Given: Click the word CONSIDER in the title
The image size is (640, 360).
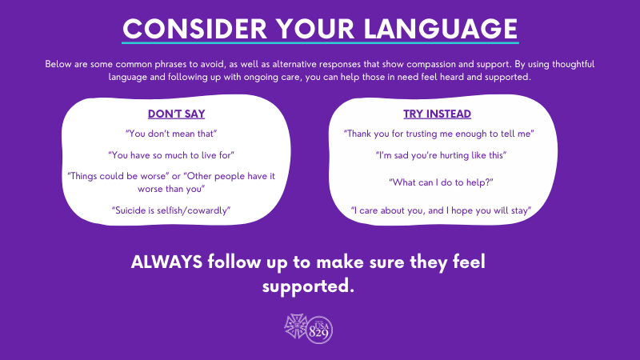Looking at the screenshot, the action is coord(194,29).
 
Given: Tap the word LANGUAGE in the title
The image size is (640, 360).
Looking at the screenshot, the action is coord(441,29).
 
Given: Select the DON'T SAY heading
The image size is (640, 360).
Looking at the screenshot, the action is coord(176,114).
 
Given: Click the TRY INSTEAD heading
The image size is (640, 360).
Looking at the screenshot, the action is coord(437,114).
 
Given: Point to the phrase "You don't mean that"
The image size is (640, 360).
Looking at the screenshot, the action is coord(171,134).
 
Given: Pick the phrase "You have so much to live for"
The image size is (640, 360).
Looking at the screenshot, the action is coord(171,155).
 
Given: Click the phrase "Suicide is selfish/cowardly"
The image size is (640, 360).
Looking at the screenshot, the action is coord(171,210).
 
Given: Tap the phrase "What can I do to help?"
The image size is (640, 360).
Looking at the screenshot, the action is coord(441,182).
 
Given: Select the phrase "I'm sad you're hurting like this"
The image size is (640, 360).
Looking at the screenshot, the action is coord(441,155).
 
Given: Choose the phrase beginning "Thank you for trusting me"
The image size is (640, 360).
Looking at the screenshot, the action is coord(438,134).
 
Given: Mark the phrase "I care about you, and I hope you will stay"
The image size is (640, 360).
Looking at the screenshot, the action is coord(441,210).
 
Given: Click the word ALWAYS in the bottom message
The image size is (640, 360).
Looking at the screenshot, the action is coord(166,262).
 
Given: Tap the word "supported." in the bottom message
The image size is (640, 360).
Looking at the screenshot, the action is coord(308,286).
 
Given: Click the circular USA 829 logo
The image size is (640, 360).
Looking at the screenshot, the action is coord(319,330).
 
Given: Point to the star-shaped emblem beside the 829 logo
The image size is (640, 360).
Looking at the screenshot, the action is coord(296,326).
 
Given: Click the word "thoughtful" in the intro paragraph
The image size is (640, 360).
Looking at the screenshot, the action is coord(573,64).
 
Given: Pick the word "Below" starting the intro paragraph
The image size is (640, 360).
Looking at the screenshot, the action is coord(58,64).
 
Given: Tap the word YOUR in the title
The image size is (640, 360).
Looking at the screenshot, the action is coord(315,29).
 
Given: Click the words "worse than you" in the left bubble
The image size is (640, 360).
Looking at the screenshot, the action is coord(171,189).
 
